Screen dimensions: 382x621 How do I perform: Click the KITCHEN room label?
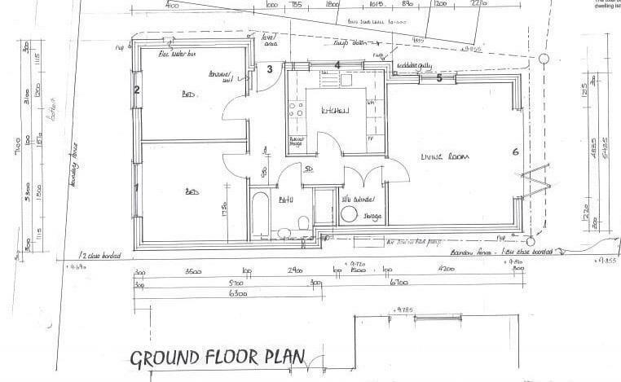334,110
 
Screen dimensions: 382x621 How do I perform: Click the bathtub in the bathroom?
263,215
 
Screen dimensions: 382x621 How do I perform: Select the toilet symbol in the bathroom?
303,222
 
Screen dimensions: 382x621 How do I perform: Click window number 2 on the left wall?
138,90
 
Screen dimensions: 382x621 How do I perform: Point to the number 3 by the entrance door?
270,69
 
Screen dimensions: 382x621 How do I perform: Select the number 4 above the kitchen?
337,65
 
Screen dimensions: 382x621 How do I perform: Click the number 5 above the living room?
439,79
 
